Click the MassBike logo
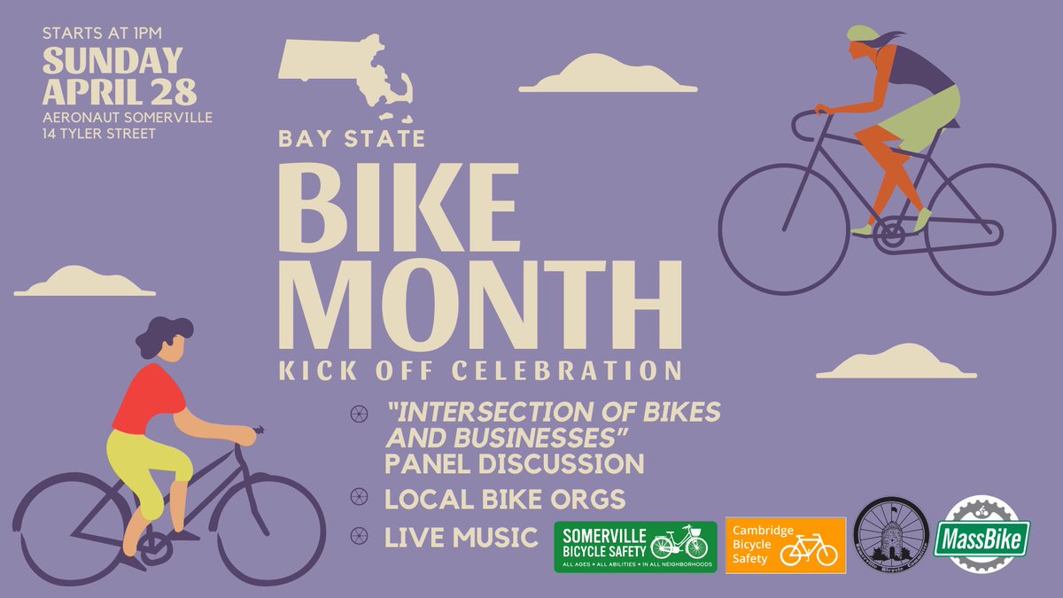pos(982,539)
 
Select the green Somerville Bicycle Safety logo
pos(635,547)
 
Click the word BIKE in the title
pos(398,209)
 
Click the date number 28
pos(167,92)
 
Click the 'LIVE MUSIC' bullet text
pos(461,537)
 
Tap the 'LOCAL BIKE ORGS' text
pos(504,499)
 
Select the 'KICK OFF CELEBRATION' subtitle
pos(479,369)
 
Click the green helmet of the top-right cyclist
pos(862,33)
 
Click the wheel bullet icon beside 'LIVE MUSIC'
pos(359,536)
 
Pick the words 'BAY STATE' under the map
pos(352,139)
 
